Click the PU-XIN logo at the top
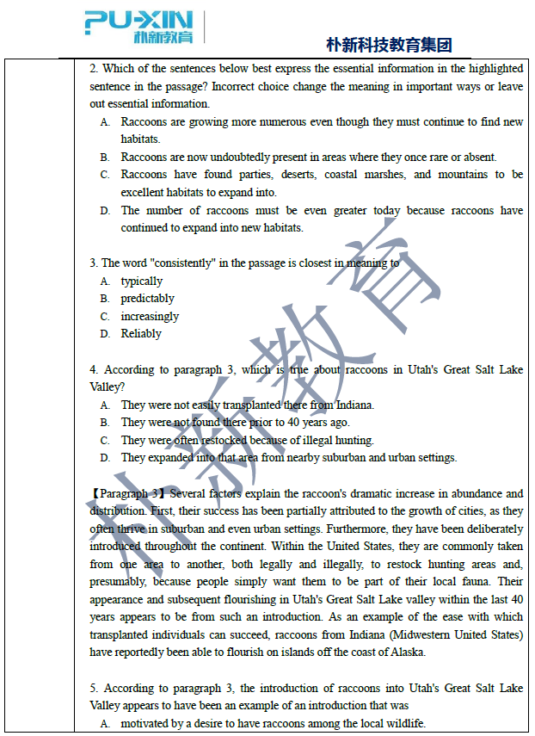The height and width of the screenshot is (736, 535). pyautogui.click(x=138, y=27)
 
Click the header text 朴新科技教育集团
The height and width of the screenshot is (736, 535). pyautogui.click(x=389, y=45)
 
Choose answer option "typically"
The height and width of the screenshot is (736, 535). pyautogui.click(x=141, y=281)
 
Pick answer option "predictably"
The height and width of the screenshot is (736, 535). pyautogui.click(x=147, y=299)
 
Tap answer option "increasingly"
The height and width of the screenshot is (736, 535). pyautogui.click(x=150, y=317)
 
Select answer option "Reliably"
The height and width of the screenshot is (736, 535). pyautogui.click(x=141, y=334)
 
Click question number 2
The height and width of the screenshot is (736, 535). pyautogui.click(x=93, y=69)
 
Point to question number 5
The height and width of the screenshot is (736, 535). pyautogui.click(x=93, y=689)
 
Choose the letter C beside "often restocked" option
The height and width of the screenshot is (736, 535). pyautogui.click(x=104, y=440)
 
